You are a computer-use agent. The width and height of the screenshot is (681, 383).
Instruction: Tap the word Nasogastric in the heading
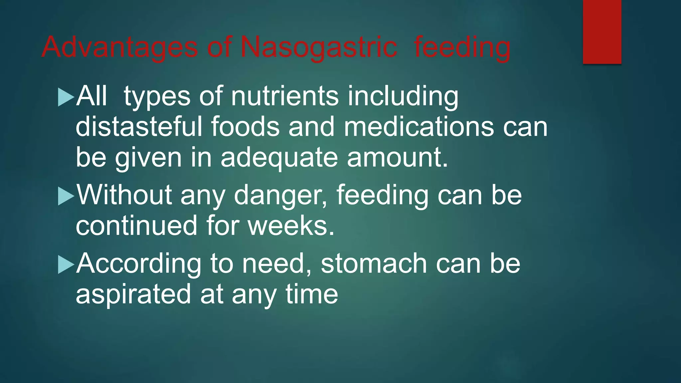[x=319, y=47]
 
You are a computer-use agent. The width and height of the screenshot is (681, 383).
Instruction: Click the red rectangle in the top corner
[x=602, y=32]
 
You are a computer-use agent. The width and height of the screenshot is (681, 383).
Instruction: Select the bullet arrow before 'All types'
[x=66, y=97]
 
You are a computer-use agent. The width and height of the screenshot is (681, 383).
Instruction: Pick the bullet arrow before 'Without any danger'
[x=66, y=196]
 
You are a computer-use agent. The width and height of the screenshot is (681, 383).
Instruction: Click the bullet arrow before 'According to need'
[x=66, y=265]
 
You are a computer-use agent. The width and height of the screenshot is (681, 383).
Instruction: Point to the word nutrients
[x=285, y=96]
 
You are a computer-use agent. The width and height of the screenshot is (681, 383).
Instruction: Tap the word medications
[x=419, y=127]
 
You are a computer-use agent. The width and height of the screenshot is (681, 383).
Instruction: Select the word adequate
[x=279, y=158]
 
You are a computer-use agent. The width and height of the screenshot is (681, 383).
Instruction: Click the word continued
[x=136, y=226]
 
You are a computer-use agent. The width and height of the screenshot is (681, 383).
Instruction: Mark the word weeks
[x=291, y=226]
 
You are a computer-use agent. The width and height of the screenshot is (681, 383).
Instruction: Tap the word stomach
[x=374, y=264]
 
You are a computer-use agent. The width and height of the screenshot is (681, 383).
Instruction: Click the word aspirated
[x=133, y=295]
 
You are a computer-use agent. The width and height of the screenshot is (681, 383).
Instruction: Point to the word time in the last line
[x=312, y=294]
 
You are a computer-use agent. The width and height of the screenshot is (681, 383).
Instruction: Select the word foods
[x=245, y=127]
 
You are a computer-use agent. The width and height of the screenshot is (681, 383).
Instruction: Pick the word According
[x=139, y=264]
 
